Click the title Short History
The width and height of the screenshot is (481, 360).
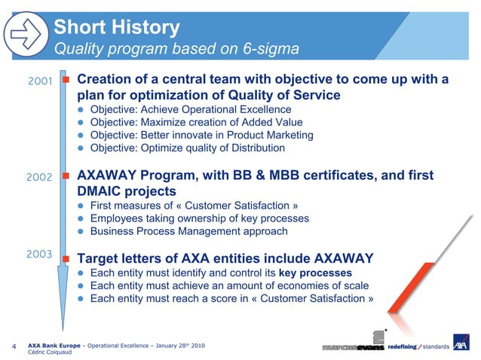point(117,28)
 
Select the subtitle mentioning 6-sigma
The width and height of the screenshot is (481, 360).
point(176,50)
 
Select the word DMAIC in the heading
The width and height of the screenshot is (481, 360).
point(102,191)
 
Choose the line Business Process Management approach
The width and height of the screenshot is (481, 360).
point(188,231)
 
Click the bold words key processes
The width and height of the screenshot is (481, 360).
point(314,273)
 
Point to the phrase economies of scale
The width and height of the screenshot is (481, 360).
point(324,285)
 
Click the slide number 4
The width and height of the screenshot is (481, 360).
point(15,347)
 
